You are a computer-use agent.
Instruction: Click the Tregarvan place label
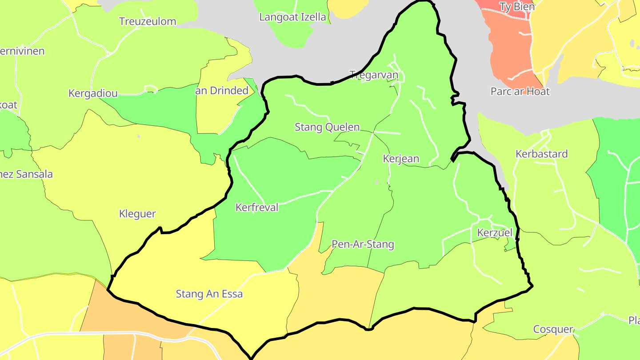click(374, 75)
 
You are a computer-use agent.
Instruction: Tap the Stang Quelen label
click(327, 127)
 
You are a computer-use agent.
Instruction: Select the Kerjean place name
click(401, 159)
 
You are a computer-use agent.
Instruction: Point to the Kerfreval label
click(257, 207)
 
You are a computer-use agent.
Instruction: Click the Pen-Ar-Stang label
click(363, 244)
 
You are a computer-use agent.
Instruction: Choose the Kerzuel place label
click(495, 232)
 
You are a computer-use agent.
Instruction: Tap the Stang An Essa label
click(209, 294)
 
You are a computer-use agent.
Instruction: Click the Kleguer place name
click(137, 214)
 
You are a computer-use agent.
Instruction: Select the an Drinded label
click(222, 91)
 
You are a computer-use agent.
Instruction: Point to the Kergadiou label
click(93, 93)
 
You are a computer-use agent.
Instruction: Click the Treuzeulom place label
click(148, 21)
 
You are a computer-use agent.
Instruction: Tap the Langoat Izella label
click(292, 17)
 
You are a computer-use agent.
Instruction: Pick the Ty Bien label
click(517, 7)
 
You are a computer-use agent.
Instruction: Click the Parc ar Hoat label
click(520, 92)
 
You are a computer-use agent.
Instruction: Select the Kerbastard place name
click(541, 154)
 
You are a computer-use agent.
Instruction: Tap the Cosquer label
click(553, 329)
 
